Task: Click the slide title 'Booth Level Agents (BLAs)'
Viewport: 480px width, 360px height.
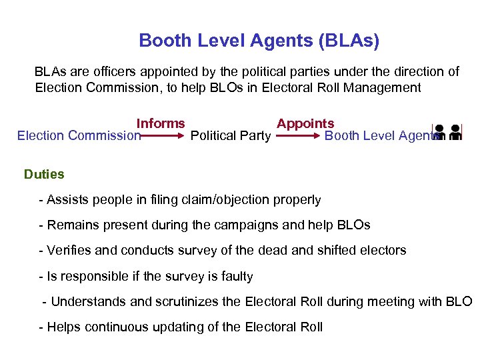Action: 259,41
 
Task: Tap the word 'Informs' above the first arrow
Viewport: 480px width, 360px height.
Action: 161,123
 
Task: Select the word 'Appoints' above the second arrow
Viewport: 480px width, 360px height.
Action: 305,123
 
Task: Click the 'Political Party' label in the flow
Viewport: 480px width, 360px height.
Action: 230,136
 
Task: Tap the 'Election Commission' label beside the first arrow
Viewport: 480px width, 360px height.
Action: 79,136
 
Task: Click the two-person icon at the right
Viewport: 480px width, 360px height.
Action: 447,133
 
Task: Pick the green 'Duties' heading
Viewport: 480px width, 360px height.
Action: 44,175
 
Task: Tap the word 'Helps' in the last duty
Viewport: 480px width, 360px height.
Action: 64,327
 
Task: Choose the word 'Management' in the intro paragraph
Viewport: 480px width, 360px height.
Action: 385,87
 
